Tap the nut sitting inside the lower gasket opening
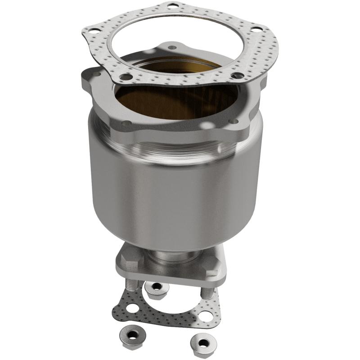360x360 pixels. click(x=156, y=288)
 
